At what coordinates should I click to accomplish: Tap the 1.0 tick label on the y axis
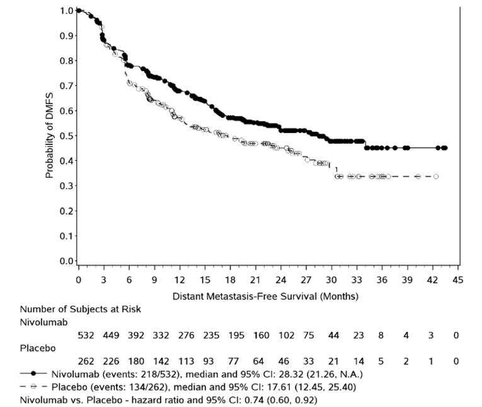[x=64, y=11]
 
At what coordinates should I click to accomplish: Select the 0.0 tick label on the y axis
[x=64, y=261]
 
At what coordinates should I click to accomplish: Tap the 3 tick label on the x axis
[x=103, y=279]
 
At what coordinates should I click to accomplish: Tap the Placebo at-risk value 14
[x=358, y=362]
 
